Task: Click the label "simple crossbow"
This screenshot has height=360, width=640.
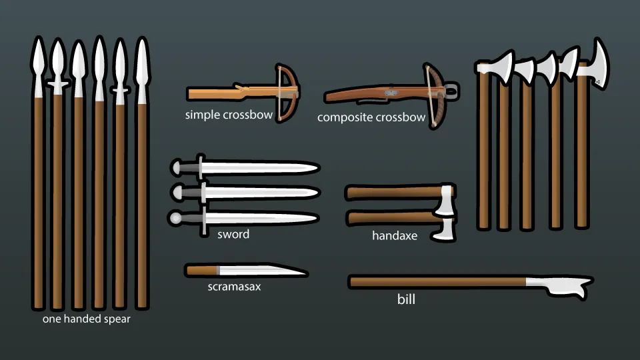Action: (229, 115)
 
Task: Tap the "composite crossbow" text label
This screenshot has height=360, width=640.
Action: (371, 118)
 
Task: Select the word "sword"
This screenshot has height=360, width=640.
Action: (233, 234)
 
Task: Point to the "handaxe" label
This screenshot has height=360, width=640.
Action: (395, 235)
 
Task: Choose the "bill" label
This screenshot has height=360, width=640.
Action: (406, 299)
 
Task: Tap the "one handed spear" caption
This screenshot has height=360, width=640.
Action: (87, 319)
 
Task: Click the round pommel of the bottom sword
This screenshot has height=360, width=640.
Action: (176, 217)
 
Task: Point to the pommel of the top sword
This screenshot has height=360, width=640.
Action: (177, 166)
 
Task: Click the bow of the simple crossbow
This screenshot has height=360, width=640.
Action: (289, 93)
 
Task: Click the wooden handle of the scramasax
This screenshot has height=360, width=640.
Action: (201, 270)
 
